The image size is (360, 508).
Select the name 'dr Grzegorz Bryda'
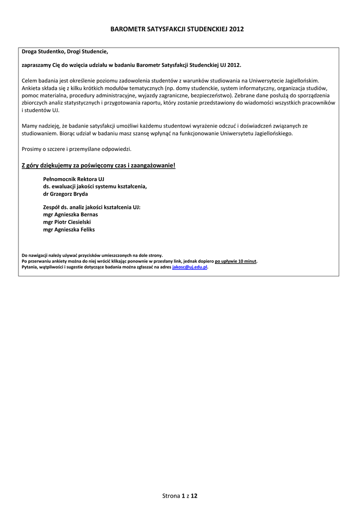(66, 194)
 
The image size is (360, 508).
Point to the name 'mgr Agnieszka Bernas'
(71, 214)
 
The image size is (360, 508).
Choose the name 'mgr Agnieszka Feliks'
(69, 230)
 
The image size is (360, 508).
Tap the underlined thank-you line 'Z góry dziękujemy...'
(99, 165)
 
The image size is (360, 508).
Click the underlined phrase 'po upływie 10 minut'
(236, 261)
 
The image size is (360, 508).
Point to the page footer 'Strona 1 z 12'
(180, 496)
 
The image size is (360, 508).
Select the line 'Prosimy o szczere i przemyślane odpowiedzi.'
(77, 149)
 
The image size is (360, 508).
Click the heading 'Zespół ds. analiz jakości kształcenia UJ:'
(92, 207)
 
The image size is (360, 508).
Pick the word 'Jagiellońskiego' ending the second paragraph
(272, 133)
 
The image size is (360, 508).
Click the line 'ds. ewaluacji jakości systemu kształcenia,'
(95, 186)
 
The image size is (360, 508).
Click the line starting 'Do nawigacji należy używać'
(92, 255)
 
